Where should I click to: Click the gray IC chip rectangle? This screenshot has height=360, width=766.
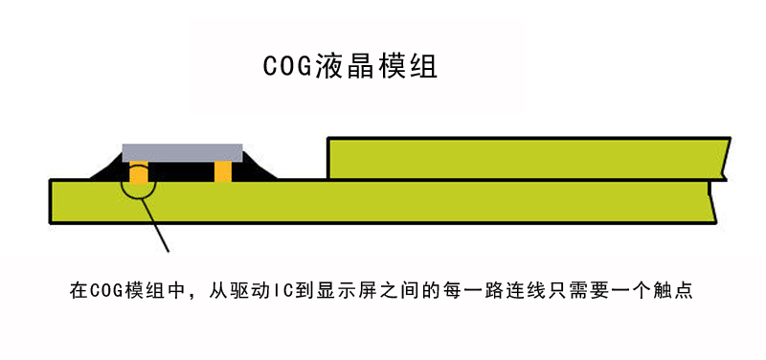(182, 151)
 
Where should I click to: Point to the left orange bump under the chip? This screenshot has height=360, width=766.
(140, 171)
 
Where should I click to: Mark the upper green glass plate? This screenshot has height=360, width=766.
(527, 158)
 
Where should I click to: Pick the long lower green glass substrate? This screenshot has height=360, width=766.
(383, 202)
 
